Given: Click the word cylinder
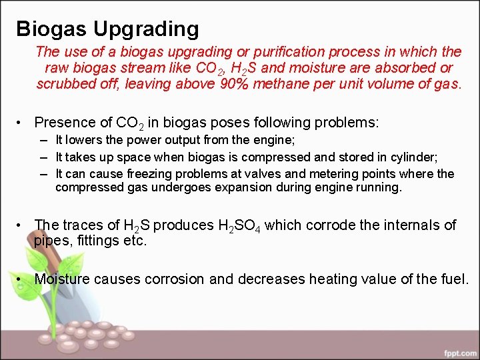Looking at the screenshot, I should [413, 157].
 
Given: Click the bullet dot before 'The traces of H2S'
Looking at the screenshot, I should [22, 225].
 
